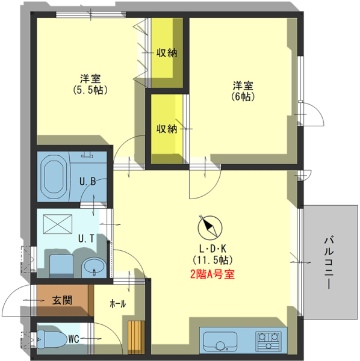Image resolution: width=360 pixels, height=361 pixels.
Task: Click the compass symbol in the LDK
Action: point(210,227)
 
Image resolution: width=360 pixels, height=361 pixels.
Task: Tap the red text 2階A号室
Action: point(213,274)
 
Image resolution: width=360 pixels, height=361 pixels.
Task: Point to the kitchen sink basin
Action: point(220,341)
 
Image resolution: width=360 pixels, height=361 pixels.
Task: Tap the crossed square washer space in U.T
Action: point(58,224)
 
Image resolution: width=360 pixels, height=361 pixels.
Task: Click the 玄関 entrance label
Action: point(62,300)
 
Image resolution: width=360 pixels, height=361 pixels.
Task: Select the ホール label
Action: point(118,304)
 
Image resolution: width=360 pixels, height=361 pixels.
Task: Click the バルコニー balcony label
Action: point(329,262)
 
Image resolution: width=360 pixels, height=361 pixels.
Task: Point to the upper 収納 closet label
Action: point(167,53)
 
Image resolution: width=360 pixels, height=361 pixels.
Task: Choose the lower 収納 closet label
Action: point(167,129)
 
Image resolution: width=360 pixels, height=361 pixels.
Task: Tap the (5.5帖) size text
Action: point(90,90)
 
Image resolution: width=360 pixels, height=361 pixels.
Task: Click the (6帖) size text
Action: point(243,97)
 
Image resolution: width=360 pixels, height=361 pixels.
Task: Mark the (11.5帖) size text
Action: point(213,260)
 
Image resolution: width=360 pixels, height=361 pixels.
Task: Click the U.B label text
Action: point(87,182)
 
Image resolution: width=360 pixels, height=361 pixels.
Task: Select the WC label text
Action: point(73,339)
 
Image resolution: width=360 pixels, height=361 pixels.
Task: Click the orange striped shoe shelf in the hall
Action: point(136,338)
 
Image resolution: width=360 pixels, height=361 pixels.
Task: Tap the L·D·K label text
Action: point(213,249)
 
